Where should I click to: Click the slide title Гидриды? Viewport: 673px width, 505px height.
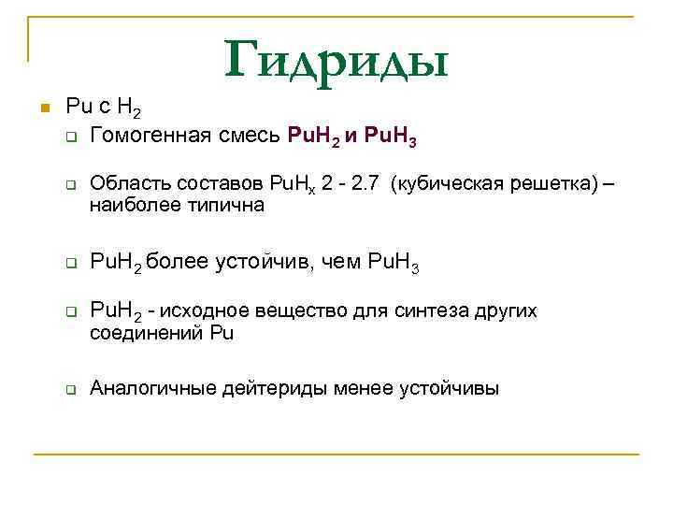coord(336,60)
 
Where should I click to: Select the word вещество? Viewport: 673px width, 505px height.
coord(293,311)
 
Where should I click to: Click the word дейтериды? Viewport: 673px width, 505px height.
coord(265,388)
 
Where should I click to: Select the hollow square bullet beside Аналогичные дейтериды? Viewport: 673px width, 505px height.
coord(70,389)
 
